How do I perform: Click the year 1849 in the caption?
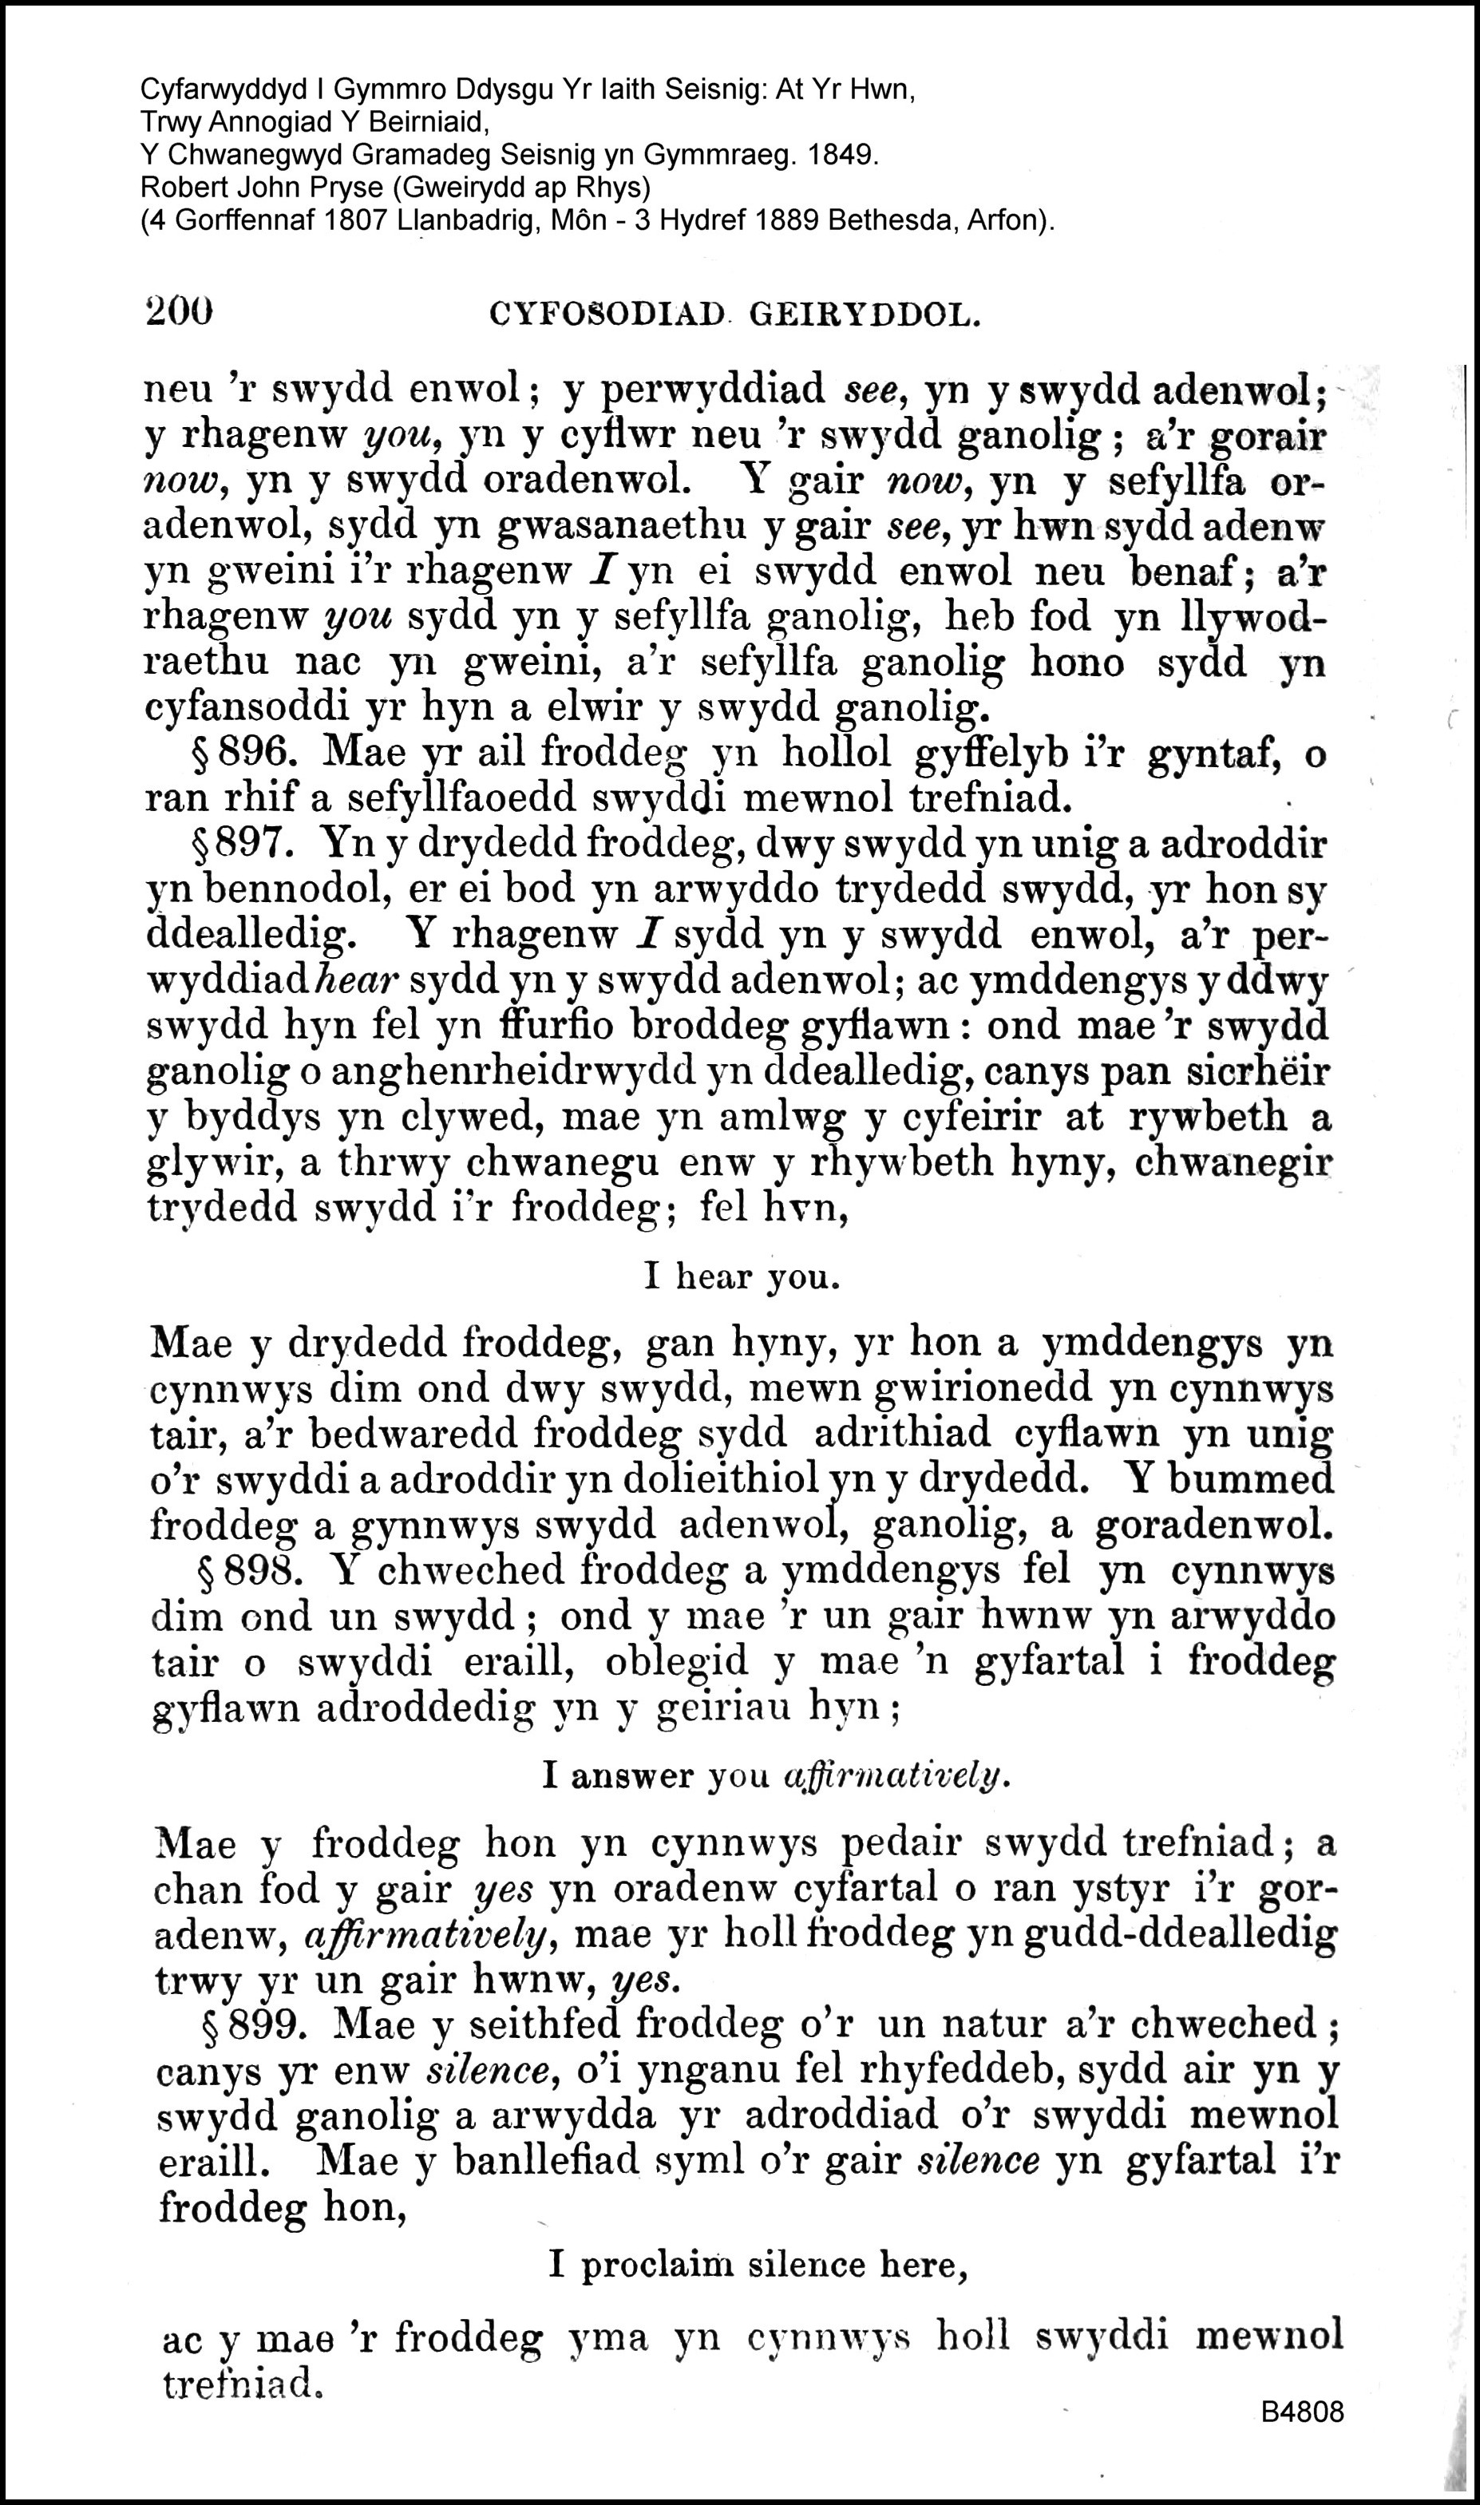pos(845,157)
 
